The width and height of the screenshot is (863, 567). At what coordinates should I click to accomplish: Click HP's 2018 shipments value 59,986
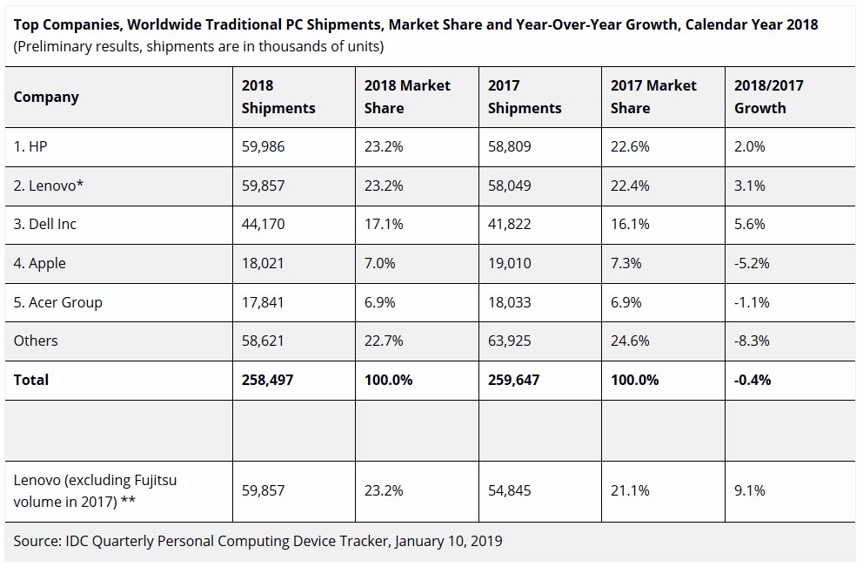coord(263,146)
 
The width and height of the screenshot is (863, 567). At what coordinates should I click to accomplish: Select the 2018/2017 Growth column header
coord(769,97)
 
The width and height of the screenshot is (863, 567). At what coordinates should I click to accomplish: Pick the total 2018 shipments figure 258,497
coord(266,380)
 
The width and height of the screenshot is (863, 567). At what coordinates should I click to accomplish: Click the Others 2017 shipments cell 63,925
coord(509,341)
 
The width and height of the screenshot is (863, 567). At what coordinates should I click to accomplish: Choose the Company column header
coord(46,97)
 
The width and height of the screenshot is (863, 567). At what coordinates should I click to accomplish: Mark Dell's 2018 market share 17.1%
coord(384,224)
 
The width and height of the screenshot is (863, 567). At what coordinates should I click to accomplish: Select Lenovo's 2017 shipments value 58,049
coord(509,185)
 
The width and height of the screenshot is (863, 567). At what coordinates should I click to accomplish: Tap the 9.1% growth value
coord(750,490)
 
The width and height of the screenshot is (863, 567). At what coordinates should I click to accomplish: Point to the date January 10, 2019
coord(448,541)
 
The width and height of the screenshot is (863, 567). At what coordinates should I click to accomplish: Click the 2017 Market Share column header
coord(653,97)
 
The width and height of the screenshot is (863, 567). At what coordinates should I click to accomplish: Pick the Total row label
coord(31,380)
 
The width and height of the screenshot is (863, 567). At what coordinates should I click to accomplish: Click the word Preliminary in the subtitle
coord(56,45)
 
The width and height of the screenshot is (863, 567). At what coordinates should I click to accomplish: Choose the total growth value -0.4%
coord(753,380)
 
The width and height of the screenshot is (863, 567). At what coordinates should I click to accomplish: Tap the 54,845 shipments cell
coord(509,490)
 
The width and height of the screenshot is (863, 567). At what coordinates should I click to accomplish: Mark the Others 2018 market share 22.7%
coord(384,341)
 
